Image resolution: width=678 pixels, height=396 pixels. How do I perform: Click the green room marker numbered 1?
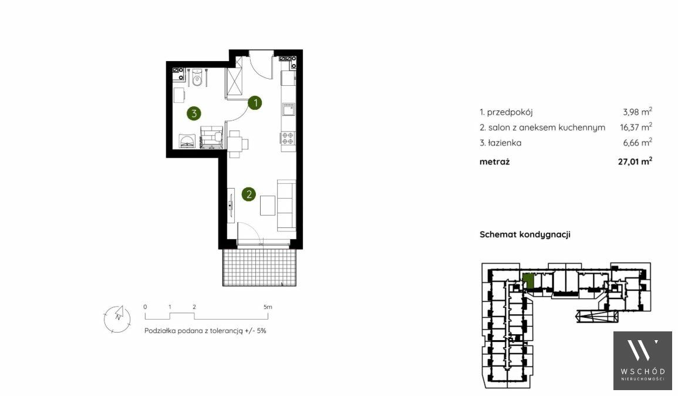click(255, 103)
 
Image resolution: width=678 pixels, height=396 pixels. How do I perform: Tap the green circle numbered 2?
click(249, 194)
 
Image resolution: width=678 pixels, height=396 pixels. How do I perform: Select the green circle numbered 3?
click(194, 113)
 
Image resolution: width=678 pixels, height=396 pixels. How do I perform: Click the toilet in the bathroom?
click(197, 78)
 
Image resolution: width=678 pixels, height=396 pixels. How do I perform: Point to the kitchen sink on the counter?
click(288, 109)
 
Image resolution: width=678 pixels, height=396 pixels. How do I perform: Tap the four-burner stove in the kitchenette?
click(288, 138)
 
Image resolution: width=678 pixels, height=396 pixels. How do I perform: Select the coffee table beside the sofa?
click(268, 206)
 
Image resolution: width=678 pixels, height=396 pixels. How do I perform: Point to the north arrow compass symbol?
click(117, 318)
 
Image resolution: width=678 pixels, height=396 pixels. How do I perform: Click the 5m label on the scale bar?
click(268, 307)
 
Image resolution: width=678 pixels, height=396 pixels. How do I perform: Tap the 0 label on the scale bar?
click(146, 307)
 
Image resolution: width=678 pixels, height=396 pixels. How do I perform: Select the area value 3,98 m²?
click(637, 112)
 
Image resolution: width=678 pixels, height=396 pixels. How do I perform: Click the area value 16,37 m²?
click(636, 127)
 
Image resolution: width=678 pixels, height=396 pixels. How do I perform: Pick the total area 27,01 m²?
click(635, 162)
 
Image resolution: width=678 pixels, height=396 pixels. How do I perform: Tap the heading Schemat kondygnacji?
click(525, 234)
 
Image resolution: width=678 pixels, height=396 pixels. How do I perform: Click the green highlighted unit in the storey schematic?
click(528, 281)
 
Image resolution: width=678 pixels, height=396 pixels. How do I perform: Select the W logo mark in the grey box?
click(643, 350)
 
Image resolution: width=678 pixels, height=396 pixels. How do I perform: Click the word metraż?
click(495, 162)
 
